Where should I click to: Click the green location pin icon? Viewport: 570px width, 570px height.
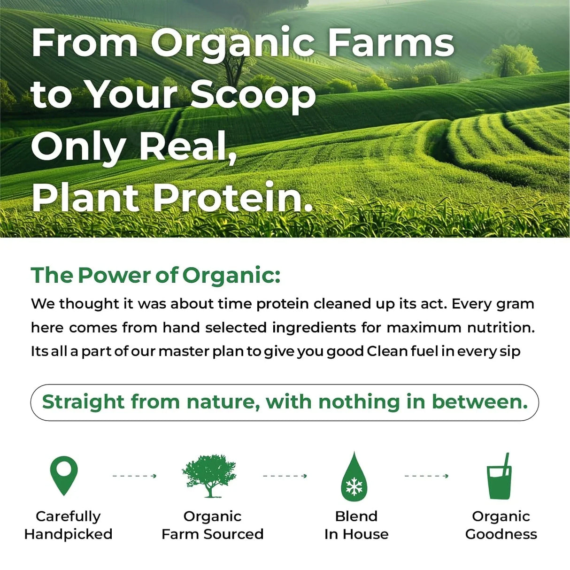point(64,475)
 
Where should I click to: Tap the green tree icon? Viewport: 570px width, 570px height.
point(209,476)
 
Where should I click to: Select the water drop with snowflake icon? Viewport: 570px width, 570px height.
point(354,477)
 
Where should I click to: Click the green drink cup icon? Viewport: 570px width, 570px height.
point(500,477)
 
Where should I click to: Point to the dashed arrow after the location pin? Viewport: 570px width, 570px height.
point(134,476)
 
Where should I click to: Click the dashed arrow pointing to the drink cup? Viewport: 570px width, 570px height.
point(426,476)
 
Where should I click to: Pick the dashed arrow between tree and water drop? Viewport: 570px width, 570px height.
point(285,476)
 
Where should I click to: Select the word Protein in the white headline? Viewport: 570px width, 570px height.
point(233,197)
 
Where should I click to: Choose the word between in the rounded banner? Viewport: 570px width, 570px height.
point(479,402)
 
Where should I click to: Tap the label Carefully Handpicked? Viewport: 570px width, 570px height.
point(68,525)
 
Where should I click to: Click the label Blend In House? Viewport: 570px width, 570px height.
point(356,525)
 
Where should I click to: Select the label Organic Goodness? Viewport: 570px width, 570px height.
point(501,525)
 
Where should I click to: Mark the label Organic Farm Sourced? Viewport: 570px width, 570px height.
point(212,525)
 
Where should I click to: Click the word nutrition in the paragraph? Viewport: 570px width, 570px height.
point(501,327)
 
